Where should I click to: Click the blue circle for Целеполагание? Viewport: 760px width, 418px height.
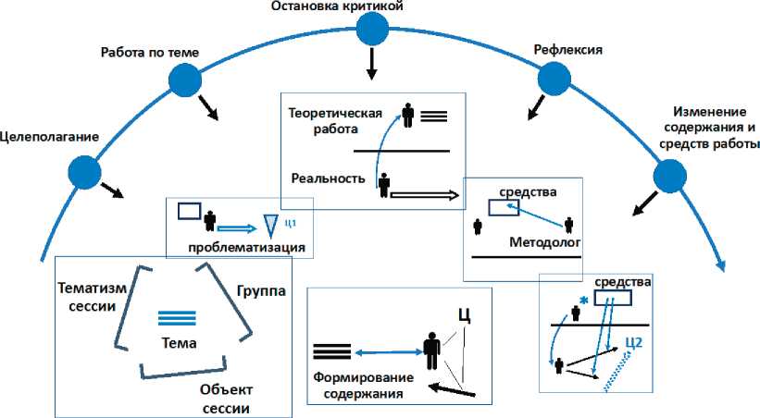point(84,171)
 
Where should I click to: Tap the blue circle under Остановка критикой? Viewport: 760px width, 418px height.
point(372,30)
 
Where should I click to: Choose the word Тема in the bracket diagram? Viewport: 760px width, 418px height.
point(179,342)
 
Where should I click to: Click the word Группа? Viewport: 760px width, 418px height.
point(261,291)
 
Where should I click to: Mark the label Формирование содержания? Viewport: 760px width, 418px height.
point(356,387)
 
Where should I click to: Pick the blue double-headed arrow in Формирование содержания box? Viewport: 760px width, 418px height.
point(385,351)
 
